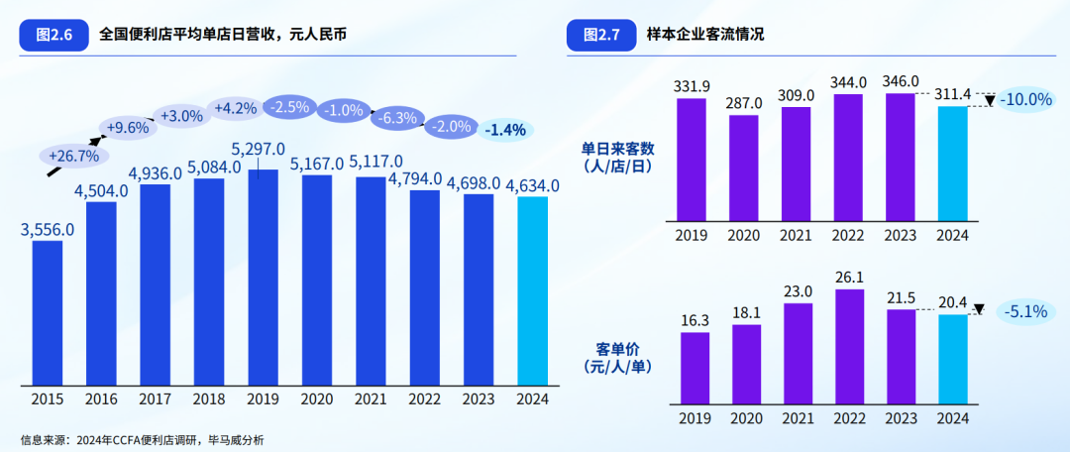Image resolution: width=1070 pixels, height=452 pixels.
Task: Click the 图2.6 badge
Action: pos(53,35)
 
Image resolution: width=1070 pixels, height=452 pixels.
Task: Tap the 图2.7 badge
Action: pos(600,35)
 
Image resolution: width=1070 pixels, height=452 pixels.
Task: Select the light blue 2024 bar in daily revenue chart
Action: pos(532,290)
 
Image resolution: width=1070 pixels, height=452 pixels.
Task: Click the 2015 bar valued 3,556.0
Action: pos(48,312)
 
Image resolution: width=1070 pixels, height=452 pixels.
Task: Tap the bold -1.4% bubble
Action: pos(505,130)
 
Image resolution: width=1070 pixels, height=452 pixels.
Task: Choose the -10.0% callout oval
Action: pos(1026,100)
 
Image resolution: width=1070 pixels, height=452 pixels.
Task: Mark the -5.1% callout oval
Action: pos(1025,312)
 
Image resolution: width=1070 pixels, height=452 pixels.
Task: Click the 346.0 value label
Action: pos(900,81)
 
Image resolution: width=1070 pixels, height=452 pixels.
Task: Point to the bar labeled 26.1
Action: pos(850,348)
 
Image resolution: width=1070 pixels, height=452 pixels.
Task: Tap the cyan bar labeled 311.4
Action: pos(953,164)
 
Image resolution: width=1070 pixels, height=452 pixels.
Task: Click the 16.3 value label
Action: pos(694,321)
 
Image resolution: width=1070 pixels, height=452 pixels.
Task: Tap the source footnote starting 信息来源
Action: pos(142,440)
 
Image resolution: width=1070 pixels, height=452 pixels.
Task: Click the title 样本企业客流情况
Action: pos(705,35)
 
